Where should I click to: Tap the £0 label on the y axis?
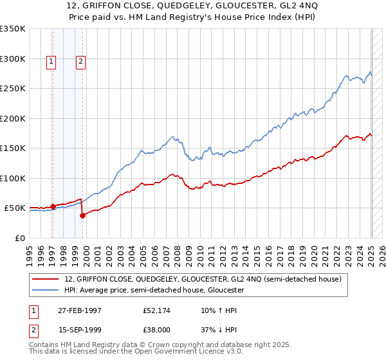point(20,238)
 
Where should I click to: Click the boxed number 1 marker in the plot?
point(51,62)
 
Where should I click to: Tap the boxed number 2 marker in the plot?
point(80,62)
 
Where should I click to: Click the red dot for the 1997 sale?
point(53,207)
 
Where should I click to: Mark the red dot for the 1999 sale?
point(83,215)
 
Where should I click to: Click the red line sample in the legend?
point(46,278)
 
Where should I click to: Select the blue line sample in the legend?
point(46,290)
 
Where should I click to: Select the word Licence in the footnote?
point(173,352)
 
